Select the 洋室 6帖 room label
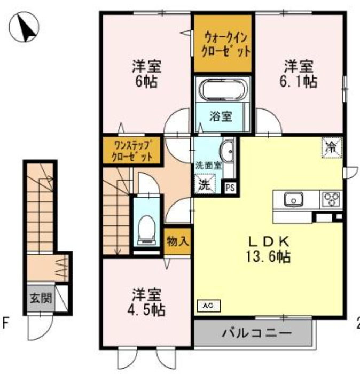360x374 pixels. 146,74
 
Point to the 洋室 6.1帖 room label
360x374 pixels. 300,74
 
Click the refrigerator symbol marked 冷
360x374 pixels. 332,147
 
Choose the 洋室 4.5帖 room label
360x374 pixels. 145,302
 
